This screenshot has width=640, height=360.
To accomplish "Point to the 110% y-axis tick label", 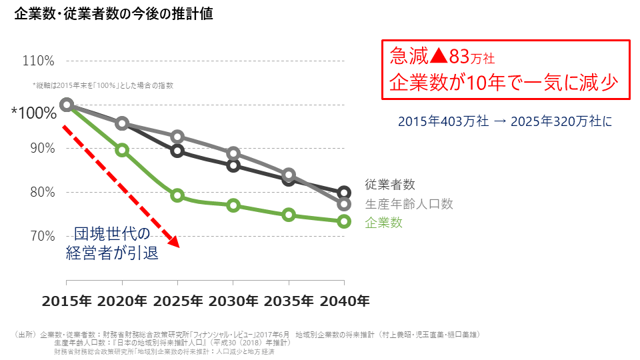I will (x=38, y=61).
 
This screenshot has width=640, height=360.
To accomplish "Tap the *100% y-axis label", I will (x=33, y=113).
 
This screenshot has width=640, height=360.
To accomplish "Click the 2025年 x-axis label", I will (x=177, y=301).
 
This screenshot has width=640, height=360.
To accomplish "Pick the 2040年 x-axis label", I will (x=344, y=301).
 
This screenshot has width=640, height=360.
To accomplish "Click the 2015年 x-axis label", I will (x=67, y=301).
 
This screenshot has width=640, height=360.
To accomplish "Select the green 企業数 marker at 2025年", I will (x=177, y=195).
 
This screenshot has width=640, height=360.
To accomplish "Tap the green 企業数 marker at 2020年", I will (x=122, y=150).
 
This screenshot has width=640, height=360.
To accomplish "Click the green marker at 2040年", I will (x=344, y=221).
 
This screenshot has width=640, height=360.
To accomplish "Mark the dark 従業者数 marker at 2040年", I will (x=344, y=193).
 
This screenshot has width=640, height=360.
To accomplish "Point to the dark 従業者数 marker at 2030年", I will (x=233, y=165).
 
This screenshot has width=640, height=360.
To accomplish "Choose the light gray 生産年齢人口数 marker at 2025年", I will (x=177, y=137).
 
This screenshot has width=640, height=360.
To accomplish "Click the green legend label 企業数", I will (x=383, y=223).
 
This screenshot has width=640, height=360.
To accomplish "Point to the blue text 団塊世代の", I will (x=113, y=234).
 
